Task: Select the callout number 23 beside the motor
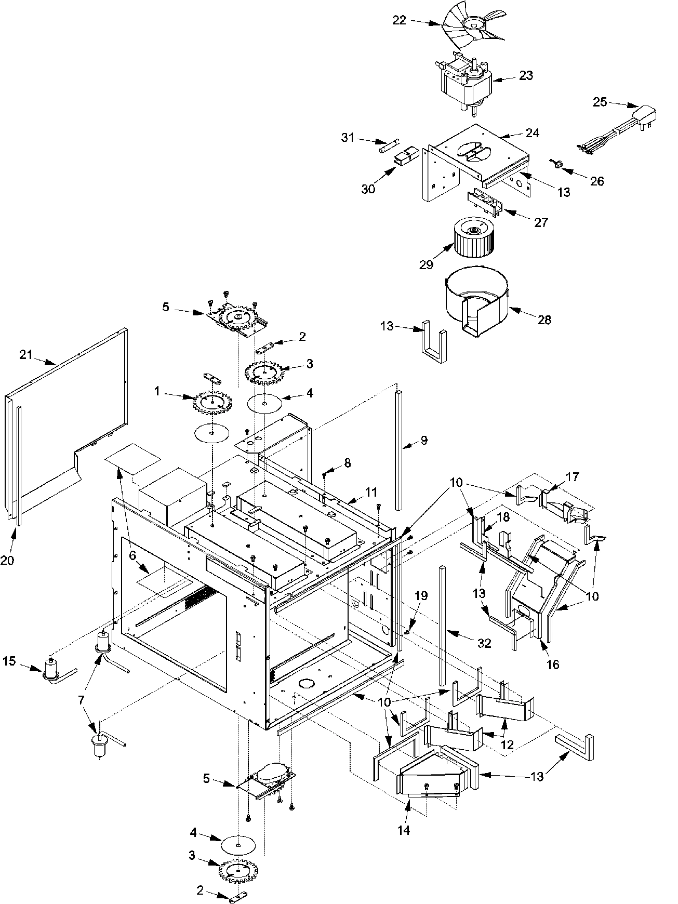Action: [x=525, y=75]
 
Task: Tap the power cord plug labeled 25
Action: [x=643, y=115]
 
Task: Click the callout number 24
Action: [x=532, y=133]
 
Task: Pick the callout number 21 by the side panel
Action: [x=26, y=355]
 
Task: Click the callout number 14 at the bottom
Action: [x=404, y=830]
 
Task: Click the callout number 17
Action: [x=572, y=476]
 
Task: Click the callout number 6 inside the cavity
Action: [x=132, y=555]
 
